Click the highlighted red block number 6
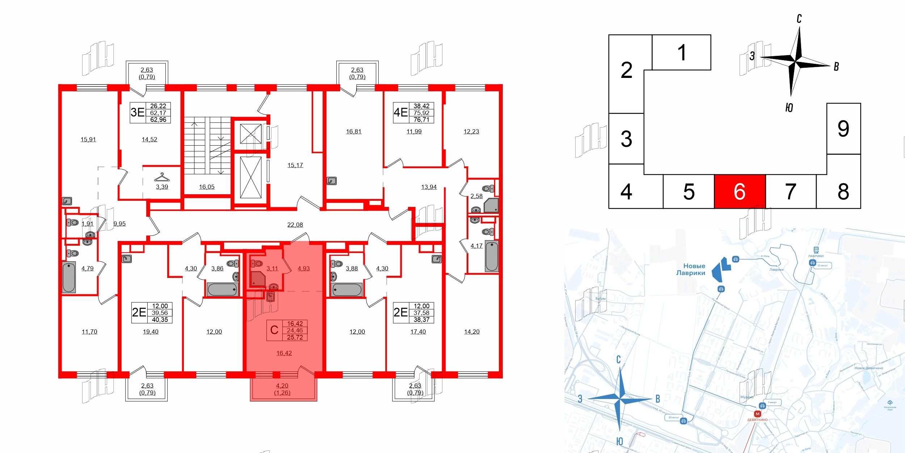[x=740, y=191]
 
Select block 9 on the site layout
[x=843, y=129]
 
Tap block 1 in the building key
[x=682, y=53]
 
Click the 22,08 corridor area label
[x=295, y=225]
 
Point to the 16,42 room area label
[x=284, y=353]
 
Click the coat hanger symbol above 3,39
[x=162, y=177]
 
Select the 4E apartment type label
[x=400, y=113]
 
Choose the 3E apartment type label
[x=138, y=113]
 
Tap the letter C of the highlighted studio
[x=274, y=330]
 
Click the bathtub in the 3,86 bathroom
[x=222, y=290]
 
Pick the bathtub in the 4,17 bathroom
[x=492, y=256]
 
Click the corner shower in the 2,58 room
[x=492, y=205]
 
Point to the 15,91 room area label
[x=88, y=140]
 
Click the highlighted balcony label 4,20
[x=282, y=386]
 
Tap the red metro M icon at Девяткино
[x=757, y=414]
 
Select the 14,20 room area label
[x=472, y=332]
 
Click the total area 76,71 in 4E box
[x=421, y=120]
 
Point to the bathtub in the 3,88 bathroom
[x=347, y=290]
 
